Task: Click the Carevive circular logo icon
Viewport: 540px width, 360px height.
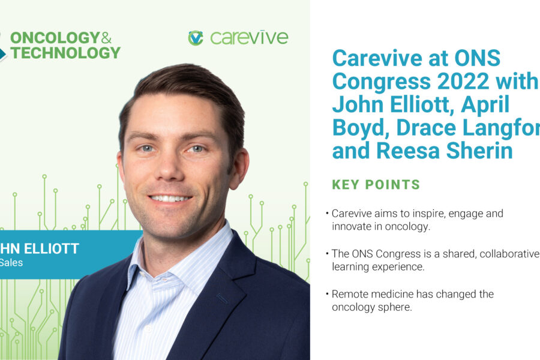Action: [x=196, y=38]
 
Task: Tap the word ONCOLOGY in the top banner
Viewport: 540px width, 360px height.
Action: [x=55, y=38]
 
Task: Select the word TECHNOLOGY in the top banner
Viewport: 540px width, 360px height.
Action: [x=65, y=53]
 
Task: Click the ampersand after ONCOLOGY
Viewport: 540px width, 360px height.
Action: [x=106, y=38]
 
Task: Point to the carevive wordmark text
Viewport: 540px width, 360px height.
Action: [x=249, y=38]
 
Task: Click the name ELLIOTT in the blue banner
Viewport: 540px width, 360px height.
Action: [x=53, y=248]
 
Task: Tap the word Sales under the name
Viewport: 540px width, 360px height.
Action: [x=11, y=262]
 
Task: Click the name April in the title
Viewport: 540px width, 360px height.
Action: [x=479, y=104]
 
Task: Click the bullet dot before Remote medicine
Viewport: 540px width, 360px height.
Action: [x=327, y=295]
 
